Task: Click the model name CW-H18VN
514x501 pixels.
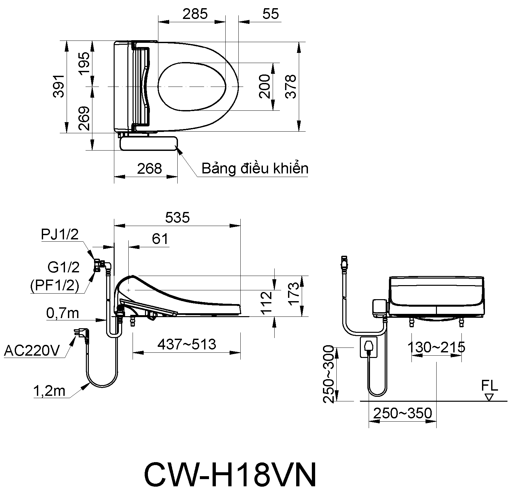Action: click(x=230, y=475)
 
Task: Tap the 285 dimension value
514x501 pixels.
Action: click(x=195, y=14)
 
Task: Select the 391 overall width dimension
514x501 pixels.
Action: click(x=59, y=86)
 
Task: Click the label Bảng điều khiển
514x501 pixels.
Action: click(x=255, y=169)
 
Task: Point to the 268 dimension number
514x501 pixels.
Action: click(x=149, y=169)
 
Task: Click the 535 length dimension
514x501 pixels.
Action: click(x=177, y=217)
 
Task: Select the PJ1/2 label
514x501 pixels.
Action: click(x=60, y=234)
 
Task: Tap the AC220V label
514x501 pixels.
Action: click(x=32, y=351)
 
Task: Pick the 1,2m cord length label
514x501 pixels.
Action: click(x=49, y=391)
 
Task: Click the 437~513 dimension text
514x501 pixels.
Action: click(x=187, y=344)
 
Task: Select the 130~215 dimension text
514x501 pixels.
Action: click(x=436, y=347)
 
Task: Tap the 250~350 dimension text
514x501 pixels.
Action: click(x=402, y=413)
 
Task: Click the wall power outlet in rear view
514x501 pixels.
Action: click(x=368, y=347)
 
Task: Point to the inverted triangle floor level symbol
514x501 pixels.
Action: click(x=489, y=397)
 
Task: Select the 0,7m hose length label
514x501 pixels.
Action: click(x=63, y=313)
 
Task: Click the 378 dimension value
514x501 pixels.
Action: click(x=290, y=86)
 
